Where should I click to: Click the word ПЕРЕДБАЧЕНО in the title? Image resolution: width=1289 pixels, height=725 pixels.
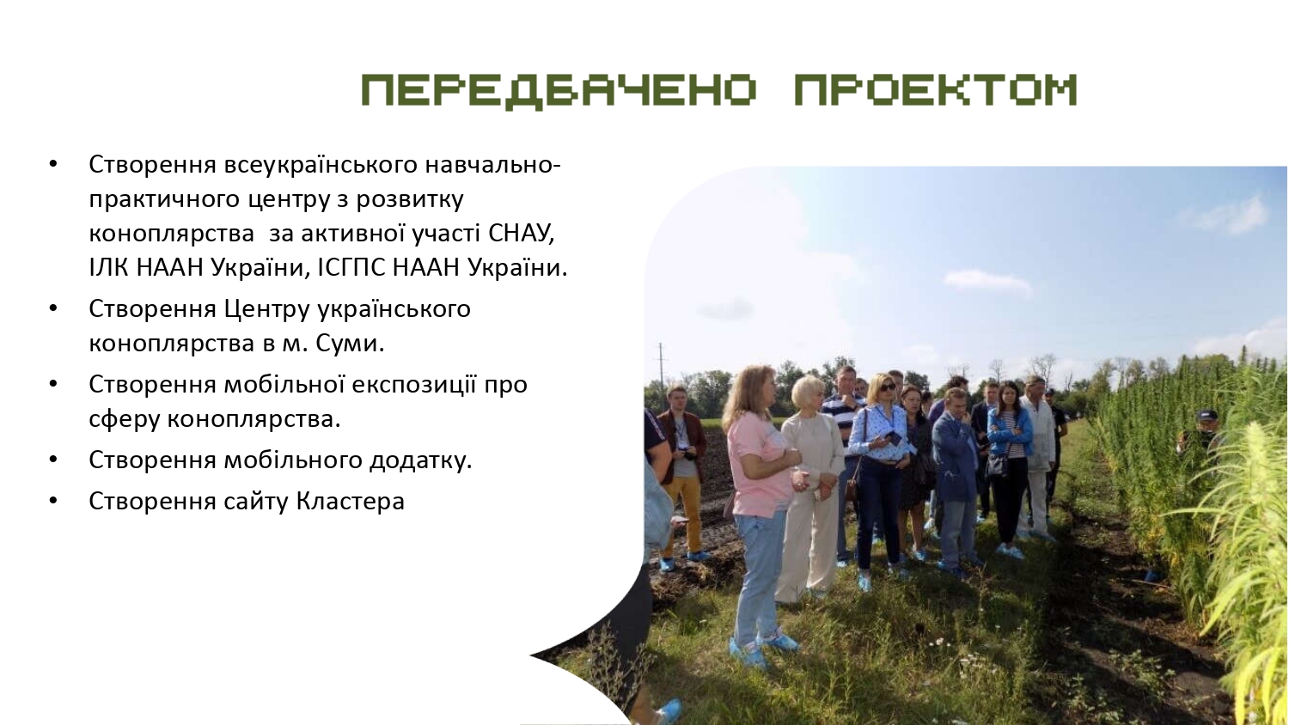coord(559,90)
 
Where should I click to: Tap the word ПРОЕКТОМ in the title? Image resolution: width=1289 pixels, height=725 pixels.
coord(935,90)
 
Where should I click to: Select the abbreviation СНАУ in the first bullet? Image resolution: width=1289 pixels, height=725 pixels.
coord(522,233)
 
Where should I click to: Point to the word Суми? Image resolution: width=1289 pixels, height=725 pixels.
coord(349,343)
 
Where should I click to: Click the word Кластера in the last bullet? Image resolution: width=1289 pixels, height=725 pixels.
coord(351,501)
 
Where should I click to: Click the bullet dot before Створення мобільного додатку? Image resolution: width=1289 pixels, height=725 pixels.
coord(53,460)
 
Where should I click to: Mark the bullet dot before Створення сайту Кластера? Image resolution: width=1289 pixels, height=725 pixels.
coord(53,501)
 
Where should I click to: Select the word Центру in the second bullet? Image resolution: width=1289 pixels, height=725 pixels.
coord(266,309)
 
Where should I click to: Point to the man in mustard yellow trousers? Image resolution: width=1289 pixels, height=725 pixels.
coord(682,478)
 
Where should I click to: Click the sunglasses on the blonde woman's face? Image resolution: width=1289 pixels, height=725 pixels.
coord(887,387)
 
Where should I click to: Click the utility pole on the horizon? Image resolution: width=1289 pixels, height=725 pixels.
coord(661,369)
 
